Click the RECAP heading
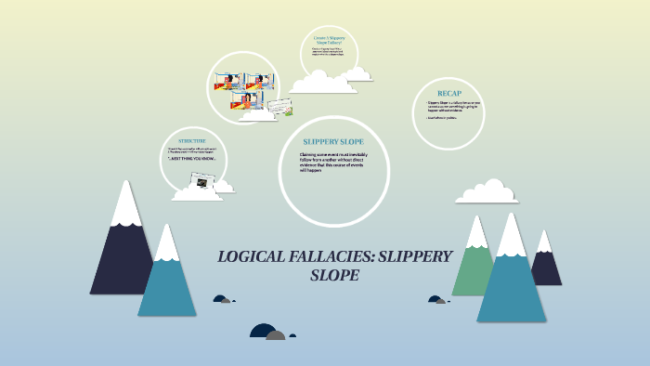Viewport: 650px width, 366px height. click(x=449, y=94)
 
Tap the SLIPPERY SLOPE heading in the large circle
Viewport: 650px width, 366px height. click(x=333, y=141)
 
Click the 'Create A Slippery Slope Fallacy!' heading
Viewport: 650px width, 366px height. click(x=329, y=41)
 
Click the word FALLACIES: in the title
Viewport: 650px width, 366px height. click(x=336, y=256)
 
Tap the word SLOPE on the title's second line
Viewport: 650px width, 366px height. click(x=333, y=276)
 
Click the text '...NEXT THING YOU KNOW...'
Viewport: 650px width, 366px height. click(x=192, y=159)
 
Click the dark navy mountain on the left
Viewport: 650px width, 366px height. click(x=122, y=255)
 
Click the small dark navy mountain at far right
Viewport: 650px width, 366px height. click(x=547, y=265)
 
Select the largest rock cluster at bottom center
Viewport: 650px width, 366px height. click(x=267, y=332)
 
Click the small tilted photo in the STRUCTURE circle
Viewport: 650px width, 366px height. click(x=199, y=183)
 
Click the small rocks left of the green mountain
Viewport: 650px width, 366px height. click(x=435, y=299)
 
